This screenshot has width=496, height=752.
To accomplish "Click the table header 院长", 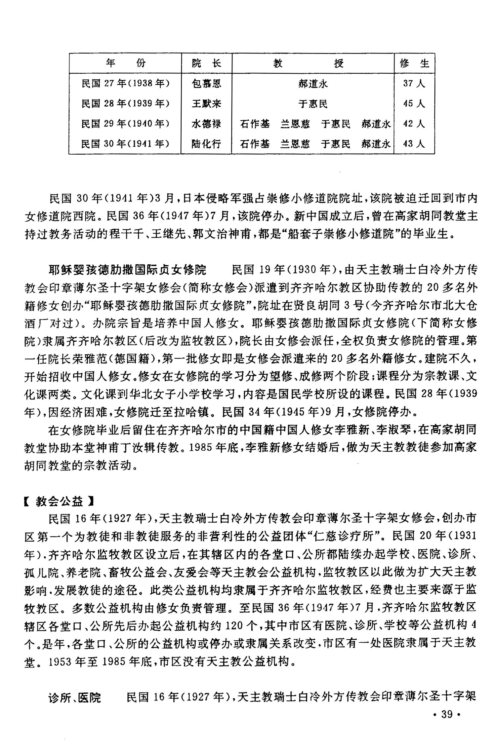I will point(206,63).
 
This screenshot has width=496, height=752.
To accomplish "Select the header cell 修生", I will point(414,63).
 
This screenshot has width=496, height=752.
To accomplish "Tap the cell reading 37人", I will point(414,83).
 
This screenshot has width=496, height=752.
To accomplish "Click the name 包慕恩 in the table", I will point(206,84).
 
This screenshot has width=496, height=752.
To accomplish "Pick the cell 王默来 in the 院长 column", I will point(206,104).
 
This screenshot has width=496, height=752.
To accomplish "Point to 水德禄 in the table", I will point(206,124).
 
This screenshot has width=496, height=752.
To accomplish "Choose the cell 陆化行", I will point(206,144).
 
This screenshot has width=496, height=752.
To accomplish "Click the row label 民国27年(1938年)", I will point(125,84).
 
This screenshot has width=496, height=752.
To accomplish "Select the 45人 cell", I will point(414,104).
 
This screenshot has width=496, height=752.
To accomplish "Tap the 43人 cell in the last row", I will point(414,144).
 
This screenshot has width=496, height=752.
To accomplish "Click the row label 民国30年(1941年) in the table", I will point(125,144).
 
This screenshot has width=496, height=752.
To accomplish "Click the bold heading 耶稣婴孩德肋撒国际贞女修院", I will point(127,270).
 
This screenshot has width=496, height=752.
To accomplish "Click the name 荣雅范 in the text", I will point(88,358).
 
